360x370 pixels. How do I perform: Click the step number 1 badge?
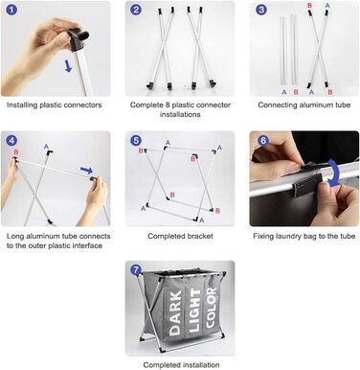11,10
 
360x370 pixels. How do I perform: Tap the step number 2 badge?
136,10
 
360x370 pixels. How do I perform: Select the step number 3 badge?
260,10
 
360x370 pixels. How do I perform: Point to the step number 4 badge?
11,140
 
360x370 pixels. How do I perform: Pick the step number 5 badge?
136,140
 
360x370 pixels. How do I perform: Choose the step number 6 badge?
263,140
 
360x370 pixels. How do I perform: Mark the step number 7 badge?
136,270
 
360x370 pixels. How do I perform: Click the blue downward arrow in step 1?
68,65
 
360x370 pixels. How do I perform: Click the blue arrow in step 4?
86,170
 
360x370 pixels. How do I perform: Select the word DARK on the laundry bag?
175,312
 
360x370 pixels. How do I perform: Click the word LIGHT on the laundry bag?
194,310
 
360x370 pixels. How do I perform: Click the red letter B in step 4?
16,152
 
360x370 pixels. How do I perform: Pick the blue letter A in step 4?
46,147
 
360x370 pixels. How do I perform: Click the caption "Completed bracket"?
180,236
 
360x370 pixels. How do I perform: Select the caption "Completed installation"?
181,365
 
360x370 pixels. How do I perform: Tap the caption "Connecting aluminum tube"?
304,104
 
